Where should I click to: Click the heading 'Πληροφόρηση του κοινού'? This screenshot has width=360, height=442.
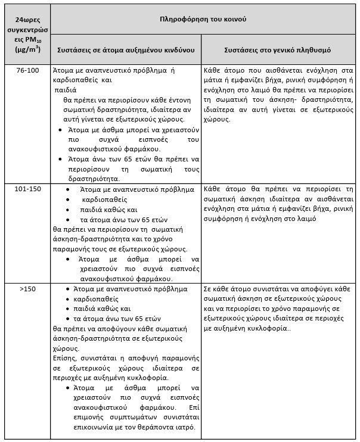pyautogui.click(x=203, y=19)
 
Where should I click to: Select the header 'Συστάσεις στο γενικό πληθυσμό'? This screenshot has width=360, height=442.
pyautogui.click(x=278, y=49)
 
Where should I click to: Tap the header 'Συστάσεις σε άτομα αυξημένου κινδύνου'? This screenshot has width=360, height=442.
pyautogui.click(x=125, y=49)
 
